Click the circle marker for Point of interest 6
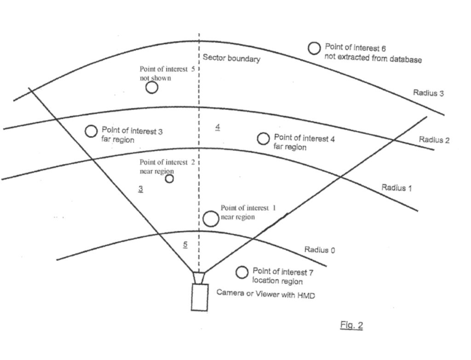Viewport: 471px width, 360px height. click(x=314, y=48)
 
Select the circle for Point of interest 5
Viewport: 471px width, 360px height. click(x=152, y=87)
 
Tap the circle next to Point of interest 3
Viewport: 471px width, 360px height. click(x=91, y=131)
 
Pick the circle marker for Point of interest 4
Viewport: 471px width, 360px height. click(x=263, y=138)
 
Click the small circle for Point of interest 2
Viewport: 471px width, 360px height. click(x=169, y=179)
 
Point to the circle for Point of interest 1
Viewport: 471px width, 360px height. click(x=211, y=219)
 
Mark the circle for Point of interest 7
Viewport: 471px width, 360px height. click(x=242, y=273)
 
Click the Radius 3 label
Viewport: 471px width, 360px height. click(x=428, y=93)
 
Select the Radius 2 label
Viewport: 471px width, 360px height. click(x=434, y=140)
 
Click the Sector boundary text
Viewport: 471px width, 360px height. click(x=231, y=58)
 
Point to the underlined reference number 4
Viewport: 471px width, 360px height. click(x=218, y=127)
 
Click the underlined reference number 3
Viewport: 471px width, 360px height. click(x=141, y=189)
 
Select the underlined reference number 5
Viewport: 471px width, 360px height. click(x=185, y=244)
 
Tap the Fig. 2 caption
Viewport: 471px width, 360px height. click(x=351, y=326)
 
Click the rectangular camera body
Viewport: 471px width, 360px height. click(x=200, y=297)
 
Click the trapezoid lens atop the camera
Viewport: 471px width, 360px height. click(x=199, y=278)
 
